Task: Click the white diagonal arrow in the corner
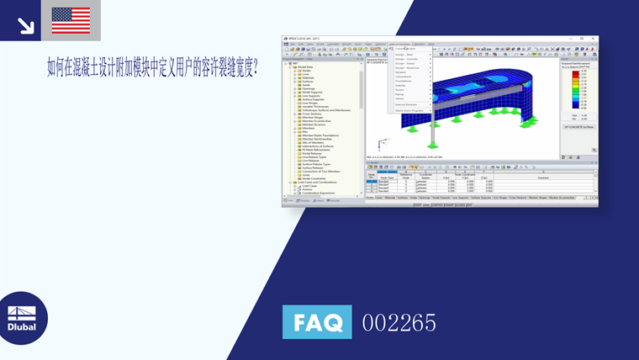[25, 25]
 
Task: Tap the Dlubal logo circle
[23, 318]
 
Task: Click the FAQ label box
[317, 322]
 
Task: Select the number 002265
[399, 322]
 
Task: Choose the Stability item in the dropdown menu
[401, 85]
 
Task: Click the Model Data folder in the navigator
[304, 66]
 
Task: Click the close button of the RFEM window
[594, 39]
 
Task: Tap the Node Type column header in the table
[386, 177]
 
